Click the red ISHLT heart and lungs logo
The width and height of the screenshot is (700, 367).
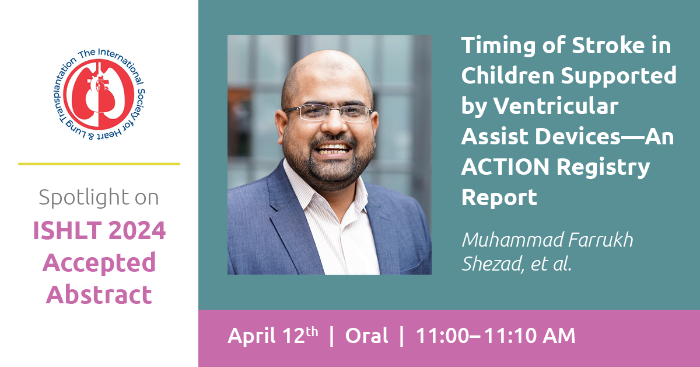click(x=99, y=94)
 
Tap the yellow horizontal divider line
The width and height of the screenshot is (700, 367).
click(x=99, y=164)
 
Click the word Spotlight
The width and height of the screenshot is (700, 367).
click(x=84, y=198)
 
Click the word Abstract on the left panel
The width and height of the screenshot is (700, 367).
click(x=99, y=295)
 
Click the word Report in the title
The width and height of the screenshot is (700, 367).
click(x=499, y=198)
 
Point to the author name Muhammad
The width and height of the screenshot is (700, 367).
click(x=512, y=240)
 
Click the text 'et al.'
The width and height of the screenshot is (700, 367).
click(x=551, y=264)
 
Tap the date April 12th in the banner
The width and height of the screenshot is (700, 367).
click(x=273, y=335)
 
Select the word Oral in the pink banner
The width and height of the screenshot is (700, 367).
click(x=366, y=335)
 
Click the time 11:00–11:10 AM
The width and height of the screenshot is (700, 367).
click(x=495, y=335)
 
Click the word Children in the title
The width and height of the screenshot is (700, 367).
click(x=508, y=75)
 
